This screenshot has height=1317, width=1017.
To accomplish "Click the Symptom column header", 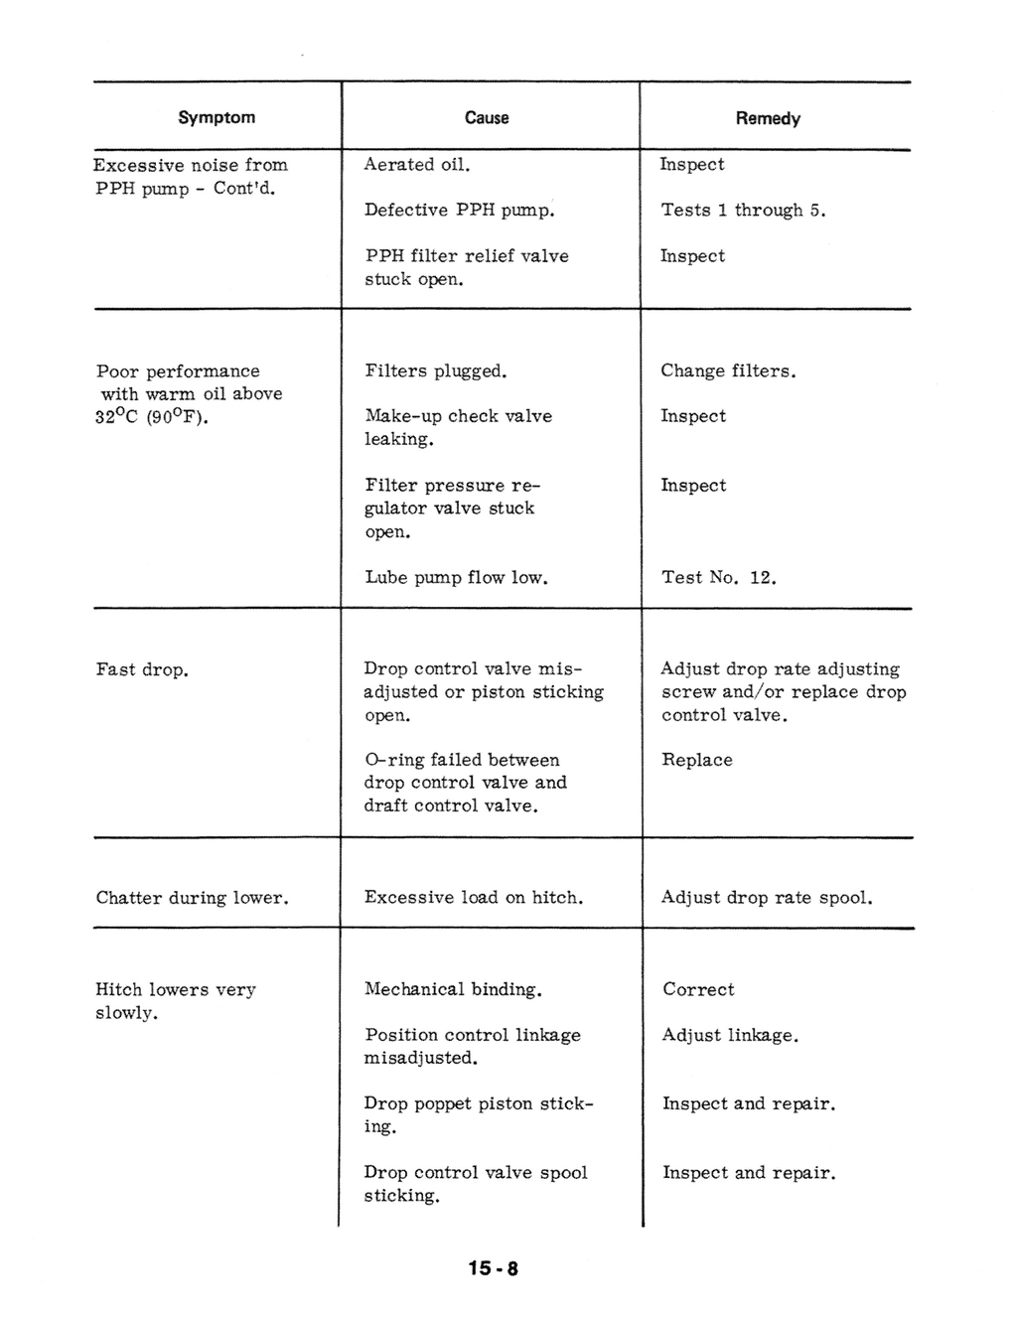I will click(x=217, y=117).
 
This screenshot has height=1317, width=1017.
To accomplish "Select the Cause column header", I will click(x=487, y=118).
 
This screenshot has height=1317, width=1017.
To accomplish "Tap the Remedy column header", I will click(x=768, y=118).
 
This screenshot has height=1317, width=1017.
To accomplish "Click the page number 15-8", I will click(x=494, y=1268).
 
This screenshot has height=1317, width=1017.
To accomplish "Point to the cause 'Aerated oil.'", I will click(x=417, y=165).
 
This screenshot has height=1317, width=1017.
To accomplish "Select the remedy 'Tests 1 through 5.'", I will click(x=744, y=211).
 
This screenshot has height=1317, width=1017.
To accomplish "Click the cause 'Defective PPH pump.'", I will click(x=459, y=211).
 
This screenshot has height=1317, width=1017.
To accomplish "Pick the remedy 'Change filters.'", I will click(x=728, y=371).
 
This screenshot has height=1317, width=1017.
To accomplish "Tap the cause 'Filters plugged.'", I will click(x=436, y=371).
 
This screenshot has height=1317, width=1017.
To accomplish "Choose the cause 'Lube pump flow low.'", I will click(x=457, y=577).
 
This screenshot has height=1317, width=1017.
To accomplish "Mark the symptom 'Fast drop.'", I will click(x=142, y=669).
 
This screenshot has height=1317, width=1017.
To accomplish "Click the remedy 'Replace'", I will click(x=697, y=760).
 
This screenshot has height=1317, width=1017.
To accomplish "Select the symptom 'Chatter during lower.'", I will click(x=193, y=898).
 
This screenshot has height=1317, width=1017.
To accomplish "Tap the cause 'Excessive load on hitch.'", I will click(x=474, y=898).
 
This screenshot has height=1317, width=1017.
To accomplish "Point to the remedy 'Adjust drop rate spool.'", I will click(x=767, y=898).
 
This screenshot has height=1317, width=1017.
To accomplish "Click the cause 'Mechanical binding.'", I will click(x=453, y=989).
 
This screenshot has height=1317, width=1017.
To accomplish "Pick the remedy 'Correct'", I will click(x=699, y=989).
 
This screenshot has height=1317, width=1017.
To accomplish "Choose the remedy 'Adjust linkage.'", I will click(x=730, y=1035).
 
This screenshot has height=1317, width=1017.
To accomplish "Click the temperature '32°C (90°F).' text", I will click(x=152, y=417).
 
